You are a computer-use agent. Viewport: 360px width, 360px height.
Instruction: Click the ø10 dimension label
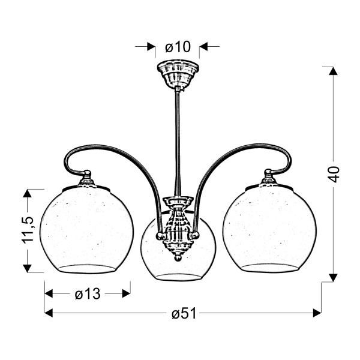pyautogui.click(x=178, y=46)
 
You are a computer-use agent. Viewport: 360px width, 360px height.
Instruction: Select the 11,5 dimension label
pyautogui.click(x=28, y=230)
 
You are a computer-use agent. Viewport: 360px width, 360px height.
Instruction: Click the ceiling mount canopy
pyautogui.click(x=178, y=73)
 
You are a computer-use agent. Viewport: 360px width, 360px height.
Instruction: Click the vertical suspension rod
pyautogui.click(x=178, y=138)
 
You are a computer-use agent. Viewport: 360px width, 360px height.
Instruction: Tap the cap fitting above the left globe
pyautogui.click(x=87, y=178)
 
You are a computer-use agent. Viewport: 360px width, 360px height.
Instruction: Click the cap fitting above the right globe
pyautogui.click(x=268, y=178)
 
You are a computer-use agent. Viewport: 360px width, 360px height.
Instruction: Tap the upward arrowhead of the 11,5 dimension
pyautogui.click(x=27, y=194)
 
